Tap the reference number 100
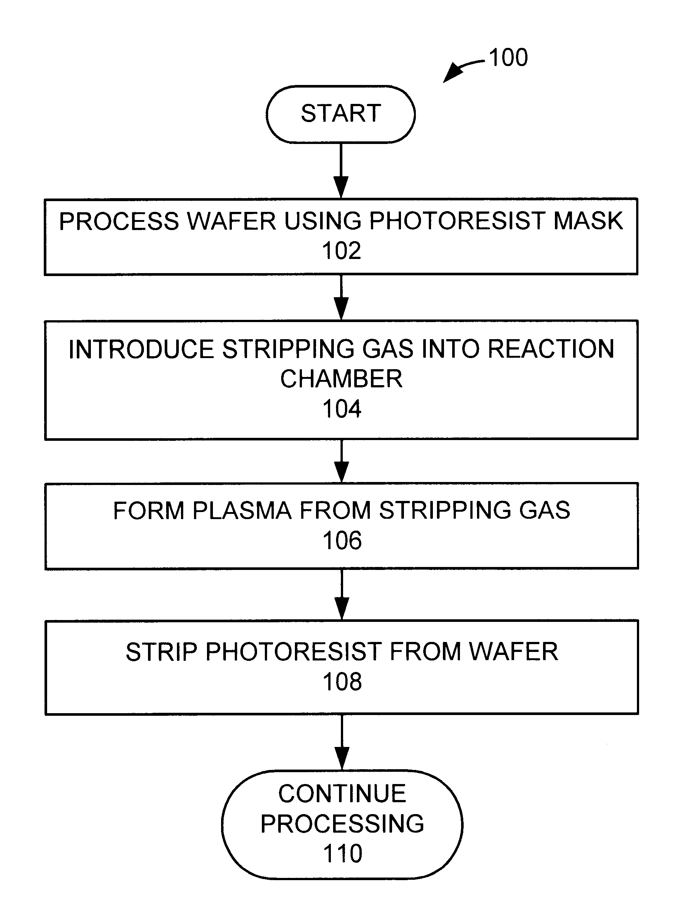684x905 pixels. coord(508,57)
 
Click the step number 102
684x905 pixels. coord(342,250)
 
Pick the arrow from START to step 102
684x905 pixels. coord(341,171)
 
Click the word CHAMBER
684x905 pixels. coord(341,379)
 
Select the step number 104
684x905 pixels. coord(342,409)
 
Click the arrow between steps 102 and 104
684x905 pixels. coord(341,298)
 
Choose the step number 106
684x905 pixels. coord(342,541)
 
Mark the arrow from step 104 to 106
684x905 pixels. coord(342,461)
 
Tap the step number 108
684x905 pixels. coord(342,682)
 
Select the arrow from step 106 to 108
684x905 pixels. coord(342,594)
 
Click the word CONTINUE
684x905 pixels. coord(342,794)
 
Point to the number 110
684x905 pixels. coord(343,853)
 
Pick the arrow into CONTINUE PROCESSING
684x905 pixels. coord(342,742)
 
